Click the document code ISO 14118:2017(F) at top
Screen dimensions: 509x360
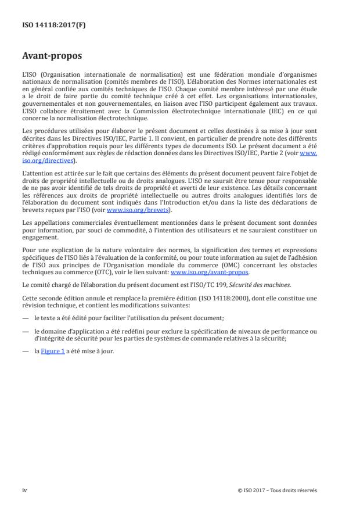pos(48,26)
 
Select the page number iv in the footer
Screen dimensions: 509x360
pos(24,490)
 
